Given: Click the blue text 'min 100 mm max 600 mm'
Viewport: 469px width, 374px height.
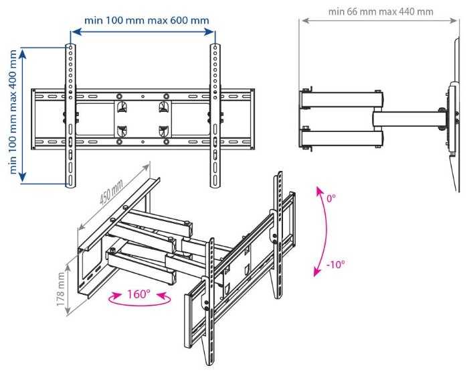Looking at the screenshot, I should click(x=140, y=20).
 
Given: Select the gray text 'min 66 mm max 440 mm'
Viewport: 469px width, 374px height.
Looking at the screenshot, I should click(x=381, y=11).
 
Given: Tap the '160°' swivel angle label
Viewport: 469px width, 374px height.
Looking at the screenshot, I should click(x=138, y=294).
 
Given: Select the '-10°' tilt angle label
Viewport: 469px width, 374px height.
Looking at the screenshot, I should click(x=335, y=263).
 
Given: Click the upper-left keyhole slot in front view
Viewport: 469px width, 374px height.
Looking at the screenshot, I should click(x=121, y=107).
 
